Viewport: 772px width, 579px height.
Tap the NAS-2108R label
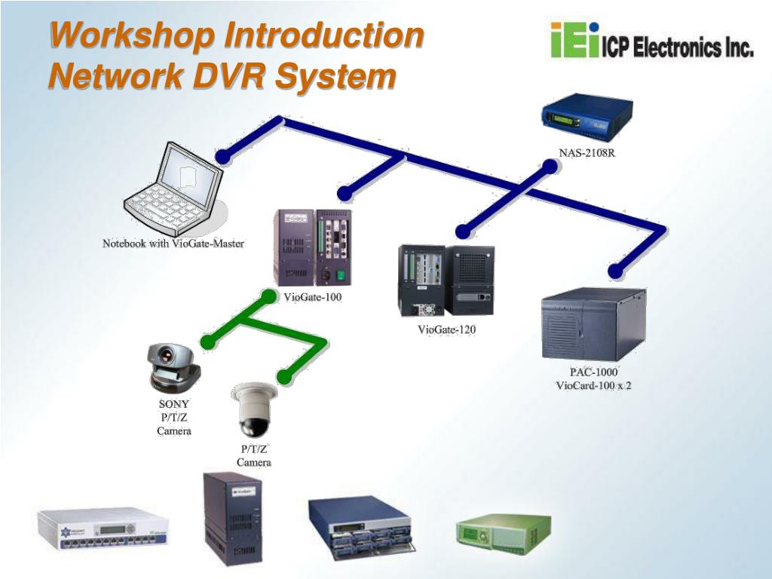[x=587, y=153]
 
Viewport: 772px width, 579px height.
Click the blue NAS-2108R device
[x=586, y=118]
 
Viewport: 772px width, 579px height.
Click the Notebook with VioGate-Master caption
[x=173, y=244]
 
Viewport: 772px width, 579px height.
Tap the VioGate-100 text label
[x=313, y=297]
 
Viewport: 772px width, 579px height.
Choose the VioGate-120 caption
[x=447, y=329]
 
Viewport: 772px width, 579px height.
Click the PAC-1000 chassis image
[x=593, y=324]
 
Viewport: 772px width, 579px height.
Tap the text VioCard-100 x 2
[x=593, y=386]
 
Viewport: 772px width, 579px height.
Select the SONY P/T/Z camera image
[x=174, y=367]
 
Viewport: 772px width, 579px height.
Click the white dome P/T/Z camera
[x=253, y=409]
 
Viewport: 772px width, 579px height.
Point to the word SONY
[x=174, y=404]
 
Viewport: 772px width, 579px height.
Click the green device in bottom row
[x=503, y=532]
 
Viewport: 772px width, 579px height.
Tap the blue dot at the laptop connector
[x=222, y=157]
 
